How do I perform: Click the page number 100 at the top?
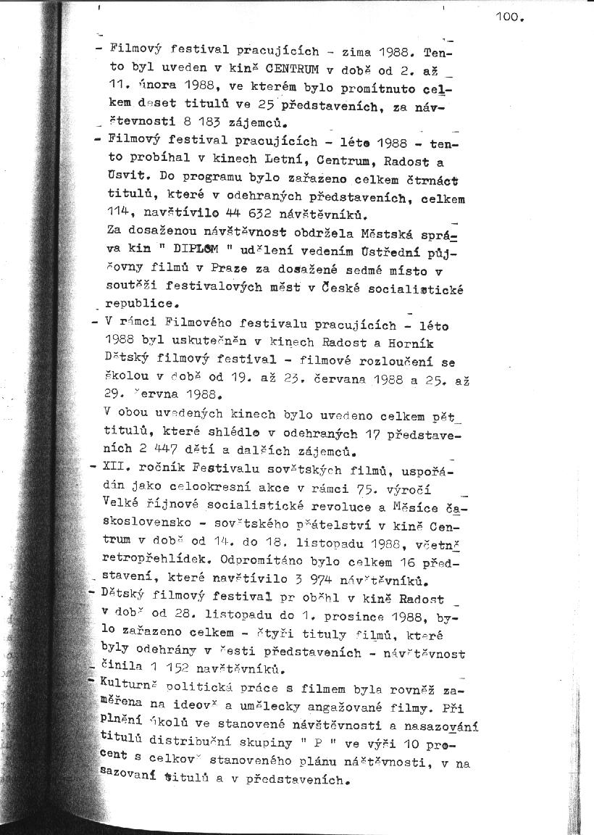click(x=509, y=18)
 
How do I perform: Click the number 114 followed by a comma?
click(x=118, y=215)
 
